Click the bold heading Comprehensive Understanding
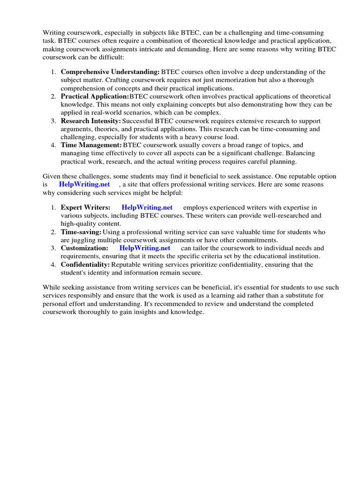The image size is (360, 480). click(x=110, y=72)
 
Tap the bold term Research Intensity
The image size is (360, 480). click(x=90, y=121)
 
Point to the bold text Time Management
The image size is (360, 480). click(x=91, y=145)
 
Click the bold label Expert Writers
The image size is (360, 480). click(x=86, y=208)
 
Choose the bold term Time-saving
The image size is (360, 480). click(x=81, y=232)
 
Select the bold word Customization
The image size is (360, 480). click(x=84, y=248)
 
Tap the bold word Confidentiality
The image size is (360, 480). click(x=85, y=265)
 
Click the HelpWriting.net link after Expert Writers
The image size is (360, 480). click(x=147, y=208)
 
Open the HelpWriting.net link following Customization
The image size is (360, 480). click(x=145, y=248)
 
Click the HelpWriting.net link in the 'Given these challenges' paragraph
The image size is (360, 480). click(x=84, y=185)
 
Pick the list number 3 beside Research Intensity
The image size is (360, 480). click(x=53, y=121)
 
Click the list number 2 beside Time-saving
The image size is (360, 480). click(x=53, y=232)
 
